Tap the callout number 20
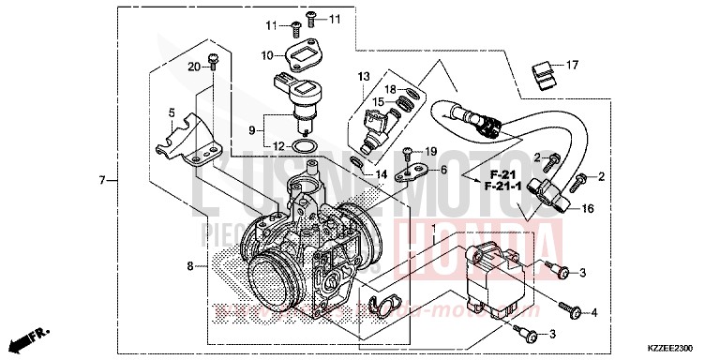tap(194, 67)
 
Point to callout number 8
tap(190, 266)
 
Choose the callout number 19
tap(431, 151)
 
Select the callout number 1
tap(432, 229)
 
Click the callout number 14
tap(382, 174)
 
